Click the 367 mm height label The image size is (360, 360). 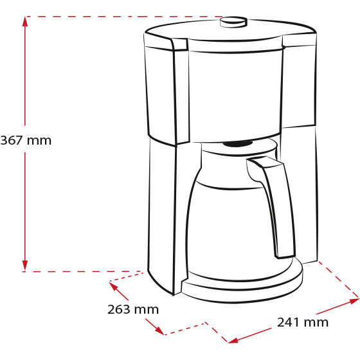pos(26,140)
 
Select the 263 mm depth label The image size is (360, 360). pos(133,309)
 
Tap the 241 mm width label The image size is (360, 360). pos(303,322)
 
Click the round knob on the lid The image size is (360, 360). pos(233,22)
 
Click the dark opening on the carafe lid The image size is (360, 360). pos(238,144)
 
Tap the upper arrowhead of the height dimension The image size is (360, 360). pos(25,21)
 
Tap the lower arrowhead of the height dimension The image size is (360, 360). pos(25,265)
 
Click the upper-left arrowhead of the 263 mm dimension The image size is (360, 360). pos(113,286)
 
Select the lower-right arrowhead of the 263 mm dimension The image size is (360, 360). pos(160,330)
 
